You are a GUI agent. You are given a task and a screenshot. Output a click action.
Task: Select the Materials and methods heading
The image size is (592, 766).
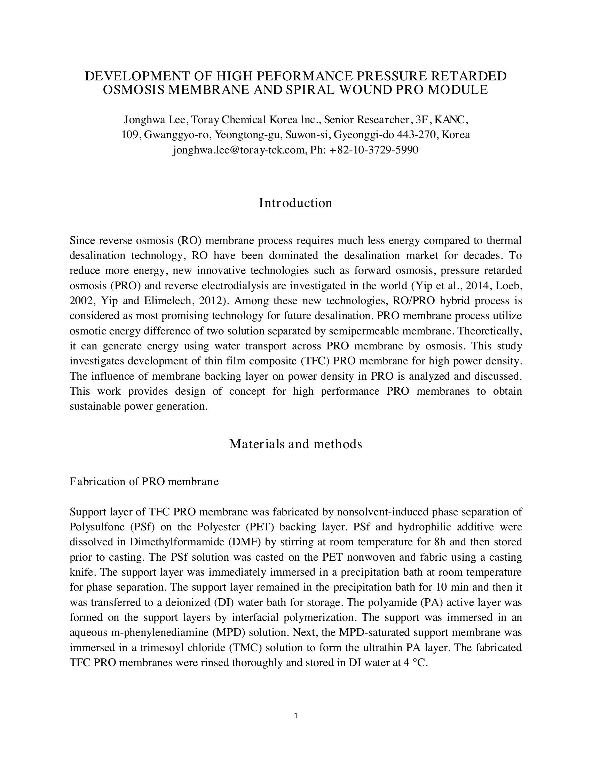[295, 444]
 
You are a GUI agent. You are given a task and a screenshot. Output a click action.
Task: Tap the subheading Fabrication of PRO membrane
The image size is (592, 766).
[144, 482]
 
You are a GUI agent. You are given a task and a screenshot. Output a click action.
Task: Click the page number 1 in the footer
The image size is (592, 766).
[295, 716]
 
